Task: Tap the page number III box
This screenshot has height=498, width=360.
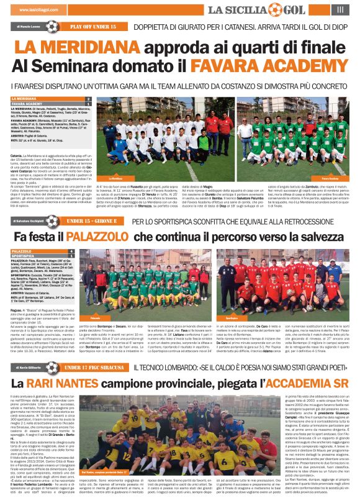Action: (340, 9)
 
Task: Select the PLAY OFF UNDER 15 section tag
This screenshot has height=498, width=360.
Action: (93, 27)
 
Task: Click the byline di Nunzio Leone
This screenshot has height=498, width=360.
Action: (27, 27)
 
